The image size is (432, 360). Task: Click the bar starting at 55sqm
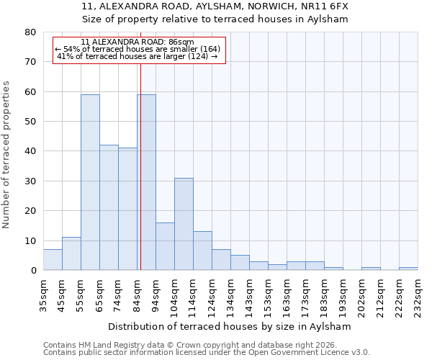(x=90, y=182)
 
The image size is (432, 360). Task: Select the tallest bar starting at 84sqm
(x=146, y=182)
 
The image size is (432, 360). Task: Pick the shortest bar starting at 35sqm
(x=53, y=260)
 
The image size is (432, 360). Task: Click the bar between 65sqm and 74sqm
(x=109, y=207)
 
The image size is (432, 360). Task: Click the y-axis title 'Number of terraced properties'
(x=6, y=155)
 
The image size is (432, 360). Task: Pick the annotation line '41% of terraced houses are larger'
(x=138, y=56)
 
